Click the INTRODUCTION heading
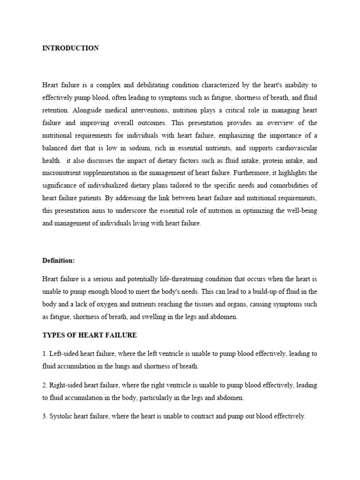(70, 48)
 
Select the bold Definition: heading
(59, 260)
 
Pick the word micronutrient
(62, 173)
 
